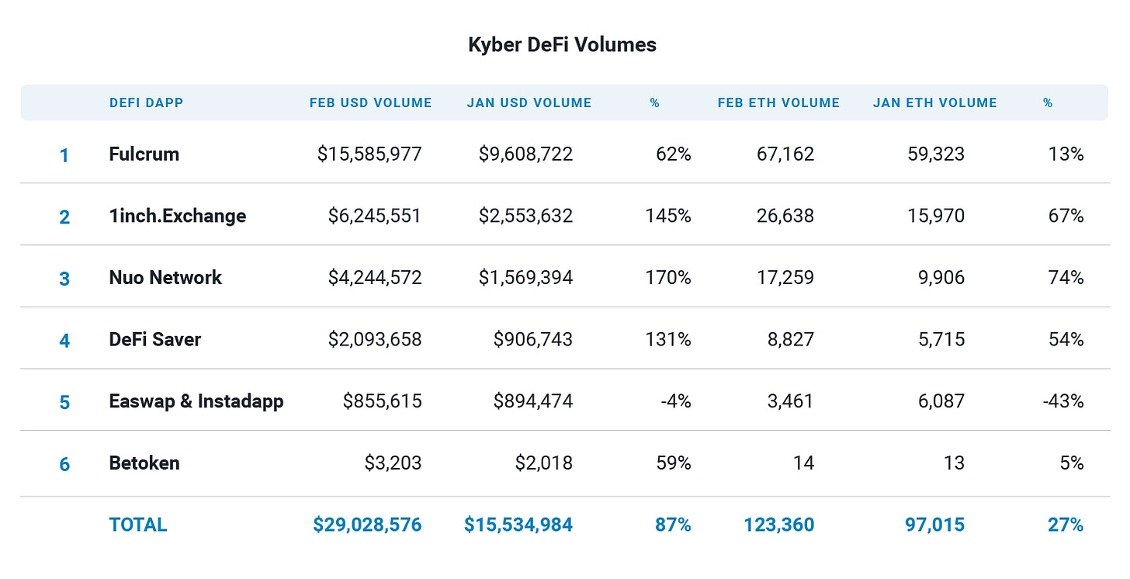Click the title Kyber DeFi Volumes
pos(562,45)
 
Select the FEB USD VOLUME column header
pos(370,102)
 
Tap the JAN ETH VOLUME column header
pos(934,102)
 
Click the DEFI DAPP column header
pos(146,102)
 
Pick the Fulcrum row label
pos(144,154)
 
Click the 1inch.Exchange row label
pos(177,216)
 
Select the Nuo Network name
pos(165,278)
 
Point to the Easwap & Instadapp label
pos(196,401)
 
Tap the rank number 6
pos(64,464)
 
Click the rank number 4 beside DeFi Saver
pos(64,341)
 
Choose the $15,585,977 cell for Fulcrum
pos(369,154)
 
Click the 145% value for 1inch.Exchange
pos(667,216)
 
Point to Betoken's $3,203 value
pos(393,463)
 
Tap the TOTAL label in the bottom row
pos(138,525)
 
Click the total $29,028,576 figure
pos(367,525)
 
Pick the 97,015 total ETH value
pos(934,525)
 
